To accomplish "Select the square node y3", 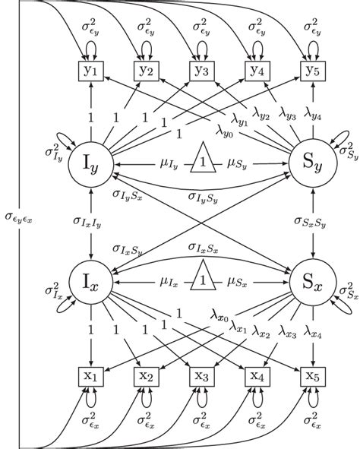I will point(201,71).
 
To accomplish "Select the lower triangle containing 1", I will point(201,280).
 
